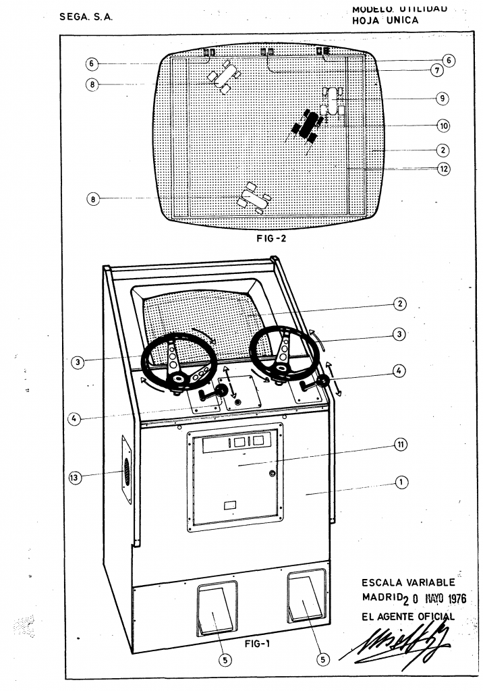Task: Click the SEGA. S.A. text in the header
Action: [86, 17]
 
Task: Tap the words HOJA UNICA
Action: [385, 20]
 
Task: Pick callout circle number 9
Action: [442, 99]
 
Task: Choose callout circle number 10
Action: [443, 126]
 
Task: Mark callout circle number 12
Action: [443, 169]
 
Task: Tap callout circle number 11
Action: [400, 444]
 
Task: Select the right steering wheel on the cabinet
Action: [283, 351]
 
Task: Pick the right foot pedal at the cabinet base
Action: [306, 597]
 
